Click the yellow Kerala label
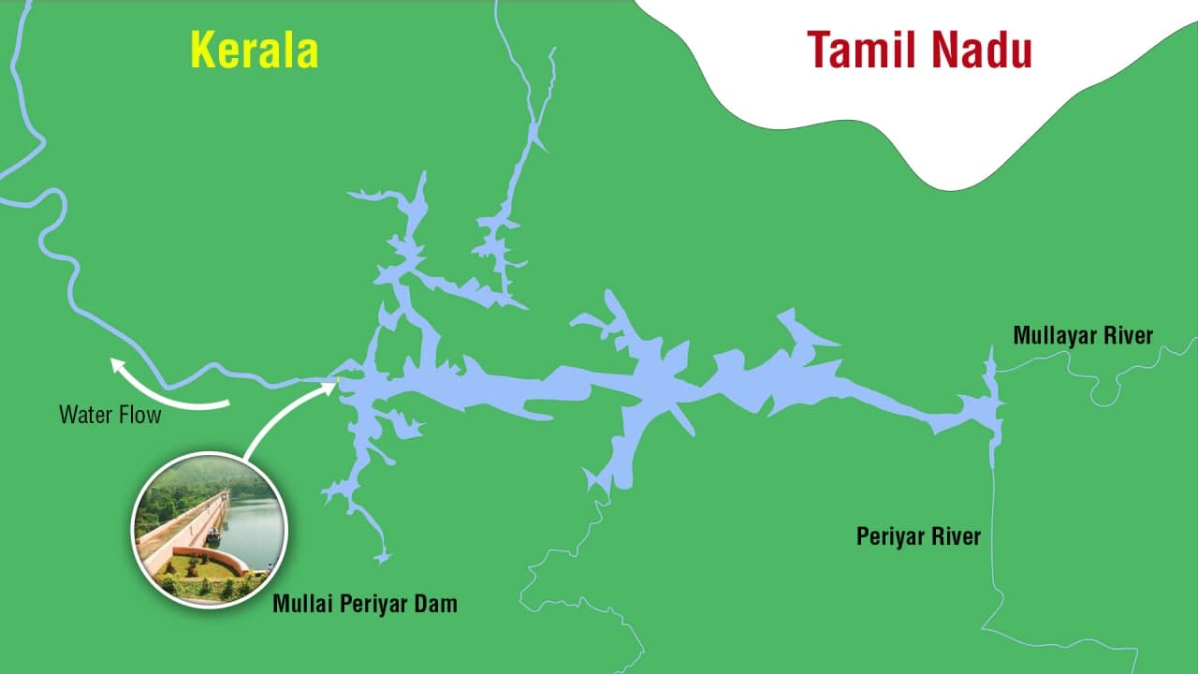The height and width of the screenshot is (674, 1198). pyautogui.click(x=255, y=51)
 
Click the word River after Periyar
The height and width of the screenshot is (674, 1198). pyautogui.click(x=957, y=536)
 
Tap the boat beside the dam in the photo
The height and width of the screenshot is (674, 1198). pyautogui.click(x=214, y=535)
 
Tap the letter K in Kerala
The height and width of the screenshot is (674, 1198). pyautogui.click(x=203, y=51)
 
